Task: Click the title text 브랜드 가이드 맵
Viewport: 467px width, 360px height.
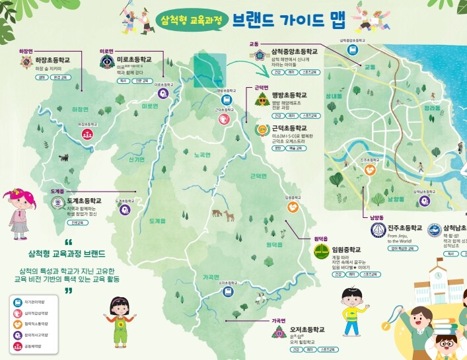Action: (x=288, y=20)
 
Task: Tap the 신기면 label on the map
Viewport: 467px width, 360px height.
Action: (x=137, y=160)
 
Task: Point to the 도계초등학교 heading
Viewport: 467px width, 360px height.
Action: (x=83, y=200)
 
